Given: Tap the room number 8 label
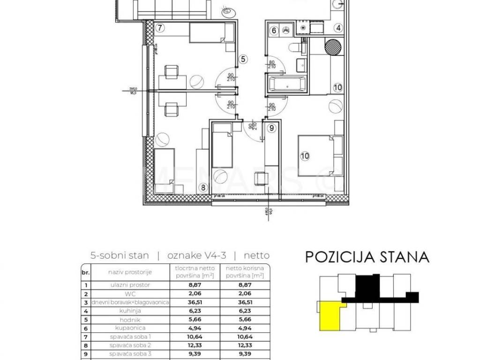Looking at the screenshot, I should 202,187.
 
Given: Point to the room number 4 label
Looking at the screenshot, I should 337,28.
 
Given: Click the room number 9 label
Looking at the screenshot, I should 271,127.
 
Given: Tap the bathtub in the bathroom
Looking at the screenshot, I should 287,85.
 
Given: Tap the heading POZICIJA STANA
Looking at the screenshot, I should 367,257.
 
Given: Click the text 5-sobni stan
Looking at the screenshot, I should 120,255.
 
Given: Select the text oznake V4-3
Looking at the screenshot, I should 195,255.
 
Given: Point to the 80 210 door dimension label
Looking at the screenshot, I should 271,64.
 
